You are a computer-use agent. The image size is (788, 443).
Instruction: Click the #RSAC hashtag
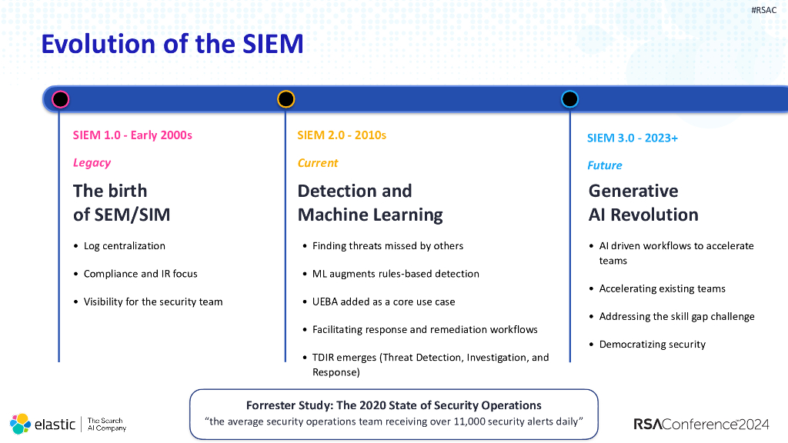click(x=763, y=10)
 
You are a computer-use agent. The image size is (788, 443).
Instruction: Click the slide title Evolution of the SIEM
click(x=172, y=44)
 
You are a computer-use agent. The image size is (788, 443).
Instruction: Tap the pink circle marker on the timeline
click(x=60, y=99)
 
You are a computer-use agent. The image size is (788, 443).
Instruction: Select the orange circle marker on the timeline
click(x=285, y=99)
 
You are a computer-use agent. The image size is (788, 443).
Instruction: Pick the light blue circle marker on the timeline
click(x=569, y=99)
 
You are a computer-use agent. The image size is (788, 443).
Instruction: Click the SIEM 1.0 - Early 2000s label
click(x=132, y=135)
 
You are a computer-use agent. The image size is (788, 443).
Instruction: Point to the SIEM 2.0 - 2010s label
click(x=342, y=135)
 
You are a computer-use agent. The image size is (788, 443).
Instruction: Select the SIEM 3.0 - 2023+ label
click(x=632, y=138)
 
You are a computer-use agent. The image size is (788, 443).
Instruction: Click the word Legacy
click(x=92, y=163)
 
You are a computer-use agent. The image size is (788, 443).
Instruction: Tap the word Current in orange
click(x=318, y=163)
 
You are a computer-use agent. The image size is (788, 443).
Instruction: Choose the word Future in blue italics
click(x=605, y=165)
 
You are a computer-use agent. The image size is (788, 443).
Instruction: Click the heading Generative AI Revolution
click(x=643, y=203)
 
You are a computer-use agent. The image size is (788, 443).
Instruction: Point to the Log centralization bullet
click(x=124, y=246)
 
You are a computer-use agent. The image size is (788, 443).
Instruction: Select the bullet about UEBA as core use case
click(x=383, y=301)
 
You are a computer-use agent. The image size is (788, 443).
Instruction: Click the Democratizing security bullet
click(x=652, y=345)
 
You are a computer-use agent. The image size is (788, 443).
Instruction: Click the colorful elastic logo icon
click(x=21, y=424)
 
